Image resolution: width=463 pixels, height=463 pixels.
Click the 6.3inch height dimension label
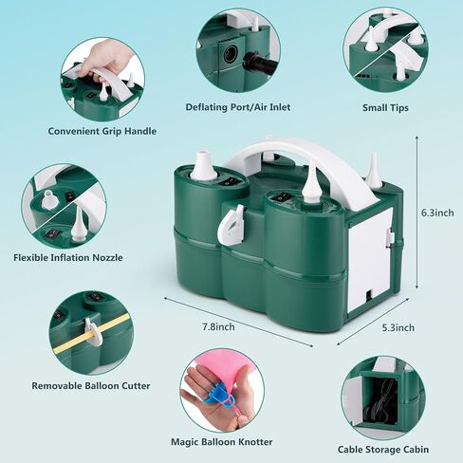pos(437,213)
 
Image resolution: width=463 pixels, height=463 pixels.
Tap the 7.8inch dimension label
pos(218,326)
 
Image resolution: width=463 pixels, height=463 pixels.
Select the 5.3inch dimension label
pos(398,327)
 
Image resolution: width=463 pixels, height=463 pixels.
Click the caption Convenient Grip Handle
pos(102,131)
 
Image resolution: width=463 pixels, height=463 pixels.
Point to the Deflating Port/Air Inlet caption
pos(238,107)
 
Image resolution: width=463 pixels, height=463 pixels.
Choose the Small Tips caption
pos(385,108)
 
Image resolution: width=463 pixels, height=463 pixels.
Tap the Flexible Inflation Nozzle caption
pos(68,257)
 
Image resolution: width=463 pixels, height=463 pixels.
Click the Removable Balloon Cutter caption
pos(91,386)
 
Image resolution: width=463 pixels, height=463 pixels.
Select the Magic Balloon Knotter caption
pos(222,442)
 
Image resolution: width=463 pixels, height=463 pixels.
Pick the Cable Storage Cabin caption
pos(383,450)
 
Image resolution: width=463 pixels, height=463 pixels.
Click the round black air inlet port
pos(231,55)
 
